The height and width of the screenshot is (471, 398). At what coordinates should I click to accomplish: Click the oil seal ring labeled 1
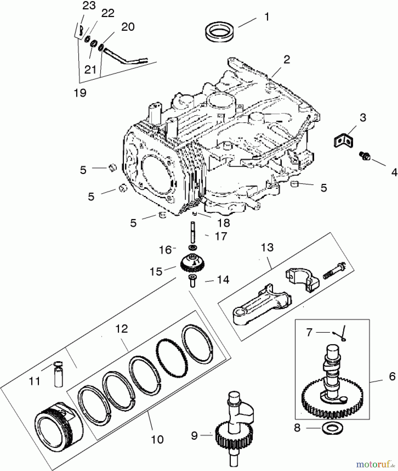219,32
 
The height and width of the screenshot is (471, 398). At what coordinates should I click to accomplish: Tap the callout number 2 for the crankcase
287,60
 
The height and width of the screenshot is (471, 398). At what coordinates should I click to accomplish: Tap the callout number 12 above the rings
122,329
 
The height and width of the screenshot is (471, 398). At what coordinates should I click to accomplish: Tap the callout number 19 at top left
80,93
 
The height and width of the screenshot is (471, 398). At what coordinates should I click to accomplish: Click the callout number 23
89,5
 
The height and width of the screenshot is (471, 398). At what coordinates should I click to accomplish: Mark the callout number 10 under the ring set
157,439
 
